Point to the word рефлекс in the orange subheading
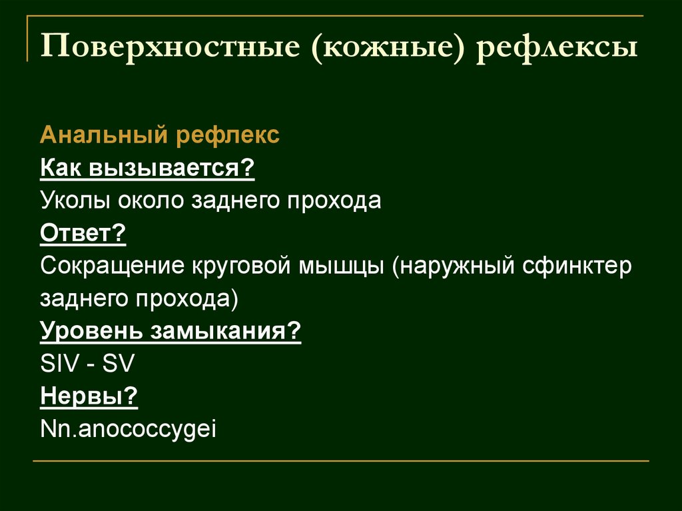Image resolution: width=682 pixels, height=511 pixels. click(x=228, y=136)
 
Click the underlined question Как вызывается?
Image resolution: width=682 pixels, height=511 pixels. click(x=148, y=169)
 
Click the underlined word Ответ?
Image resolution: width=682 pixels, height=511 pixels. click(x=83, y=233)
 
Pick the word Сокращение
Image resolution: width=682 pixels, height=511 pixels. click(x=113, y=266)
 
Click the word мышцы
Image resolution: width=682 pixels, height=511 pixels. click(x=343, y=266)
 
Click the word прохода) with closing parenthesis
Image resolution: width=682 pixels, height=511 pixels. click(x=193, y=299)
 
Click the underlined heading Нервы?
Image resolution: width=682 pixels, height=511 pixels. click(x=89, y=396)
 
